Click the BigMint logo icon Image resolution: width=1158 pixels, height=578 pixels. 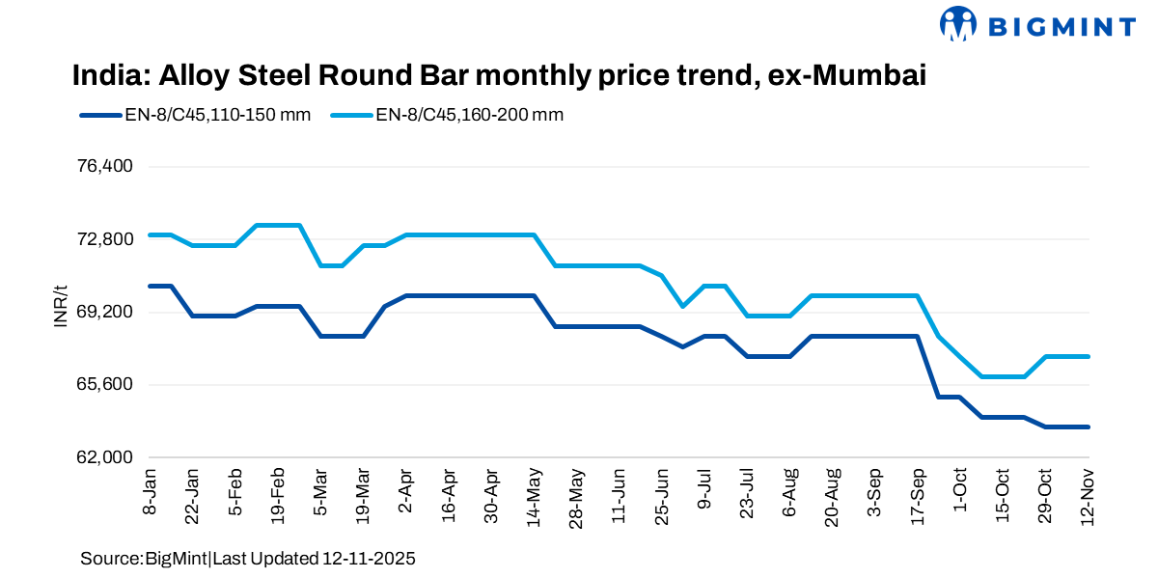click(x=958, y=24)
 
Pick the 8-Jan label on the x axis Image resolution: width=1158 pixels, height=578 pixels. click(x=150, y=494)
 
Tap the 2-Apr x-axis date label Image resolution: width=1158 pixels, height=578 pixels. click(x=405, y=494)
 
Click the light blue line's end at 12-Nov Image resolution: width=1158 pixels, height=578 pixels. click(x=1089, y=357)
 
